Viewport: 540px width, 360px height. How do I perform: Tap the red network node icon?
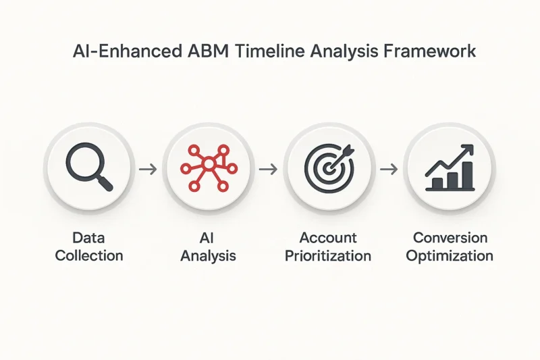pyautogui.click(x=209, y=168)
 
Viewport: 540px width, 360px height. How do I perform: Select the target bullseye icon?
pyautogui.click(x=329, y=168)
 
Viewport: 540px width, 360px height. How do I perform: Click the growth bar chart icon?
pyautogui.click(x=450, y=168)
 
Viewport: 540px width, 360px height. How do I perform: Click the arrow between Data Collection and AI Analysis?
pyautogui.click(x=148, y=169)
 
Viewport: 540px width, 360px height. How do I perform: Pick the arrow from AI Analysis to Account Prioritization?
pyautogui.click(x=268, y=169)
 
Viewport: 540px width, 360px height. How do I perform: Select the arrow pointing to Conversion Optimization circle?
pyautogui.click(x=389, y=169)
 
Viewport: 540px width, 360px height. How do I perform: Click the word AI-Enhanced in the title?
pyautogui.click(x=128, y=51)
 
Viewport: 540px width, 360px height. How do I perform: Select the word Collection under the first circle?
pyautogui.click(x=89, y=255)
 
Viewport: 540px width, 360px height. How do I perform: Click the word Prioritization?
pyautogui.click(x=328, y=256)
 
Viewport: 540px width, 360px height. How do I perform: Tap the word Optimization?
pyautogui.click(x=450, y=256)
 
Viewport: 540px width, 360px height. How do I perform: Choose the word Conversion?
pyautogui.click(x=450, y=238)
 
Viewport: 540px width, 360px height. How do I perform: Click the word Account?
pyautogui.click(x=328, y=238)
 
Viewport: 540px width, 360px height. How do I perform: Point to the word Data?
pyautogui.click(x=88, y=238)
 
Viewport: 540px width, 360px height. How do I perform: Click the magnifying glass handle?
pyautogui.click(x=105, y=183)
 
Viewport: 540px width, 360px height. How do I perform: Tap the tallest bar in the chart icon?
pyautogui.click(x=467, y=175)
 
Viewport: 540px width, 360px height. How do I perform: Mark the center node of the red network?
pyautogui.click(x=209, y=163)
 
